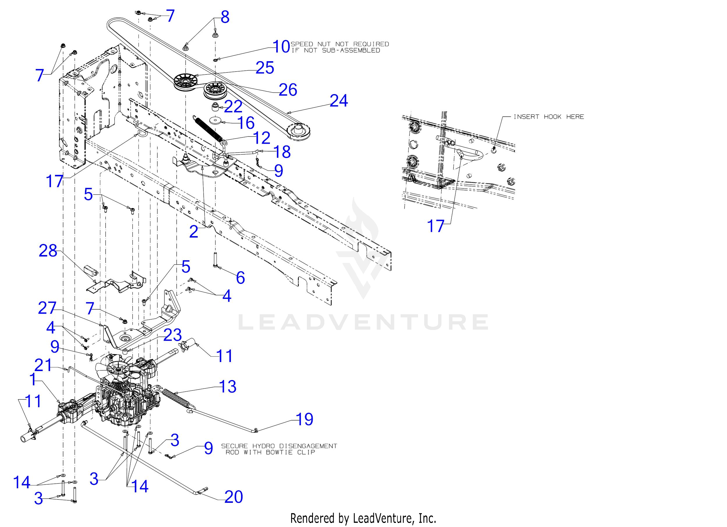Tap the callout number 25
265,68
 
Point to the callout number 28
48,251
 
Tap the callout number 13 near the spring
228,387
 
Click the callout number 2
194,232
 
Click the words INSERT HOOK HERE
549,117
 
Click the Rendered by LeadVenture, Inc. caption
363,518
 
